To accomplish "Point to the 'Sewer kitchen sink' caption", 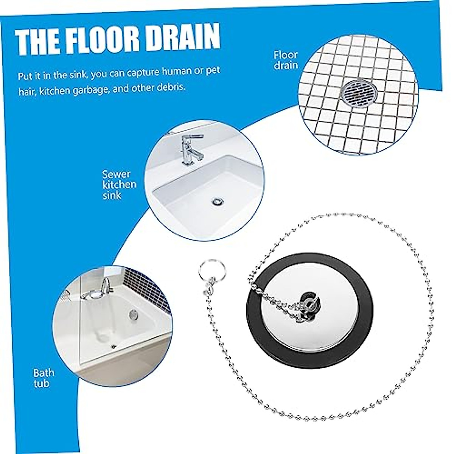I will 119,185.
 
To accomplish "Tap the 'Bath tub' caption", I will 43,378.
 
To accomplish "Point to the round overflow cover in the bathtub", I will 133,313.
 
